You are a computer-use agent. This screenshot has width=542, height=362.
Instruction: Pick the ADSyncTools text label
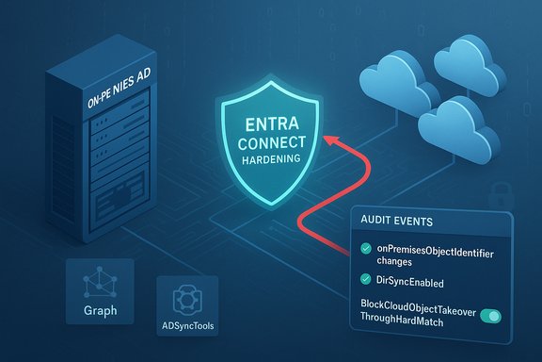(x=183, y=328)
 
